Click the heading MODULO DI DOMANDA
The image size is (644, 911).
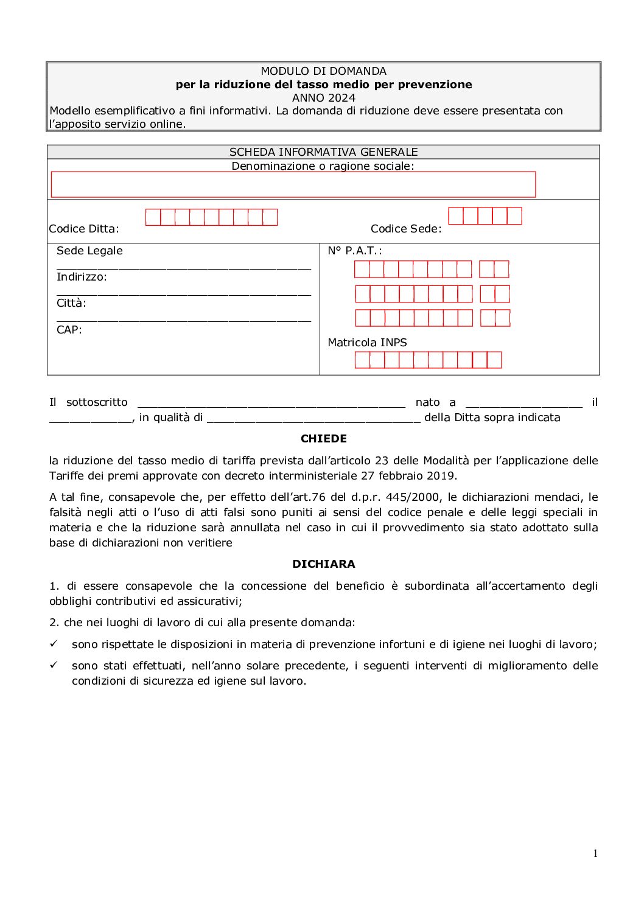coord(323,71)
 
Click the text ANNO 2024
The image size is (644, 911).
coord(323,98)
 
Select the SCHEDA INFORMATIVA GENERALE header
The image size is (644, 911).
coord(323,152)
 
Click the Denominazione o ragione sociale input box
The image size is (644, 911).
coord(293,184)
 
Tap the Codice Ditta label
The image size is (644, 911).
coord(84,229)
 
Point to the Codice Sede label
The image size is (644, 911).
coord(406,229)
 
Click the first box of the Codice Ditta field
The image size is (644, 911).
coord(153,217)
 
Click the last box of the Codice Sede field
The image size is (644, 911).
coord(514,216)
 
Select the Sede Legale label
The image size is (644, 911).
coord(89,251)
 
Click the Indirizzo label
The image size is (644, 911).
coord(82,277)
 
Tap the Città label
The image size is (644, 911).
coord(71,303)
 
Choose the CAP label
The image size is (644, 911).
coord(69,330)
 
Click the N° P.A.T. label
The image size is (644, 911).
coord(355,251)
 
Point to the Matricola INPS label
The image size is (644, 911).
coord(367,343)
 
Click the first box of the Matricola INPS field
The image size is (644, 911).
coord(362,360)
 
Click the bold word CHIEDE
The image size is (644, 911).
coord(323,439)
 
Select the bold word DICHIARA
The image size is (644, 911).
coord(323,564)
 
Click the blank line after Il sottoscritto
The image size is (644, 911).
coord(271,403)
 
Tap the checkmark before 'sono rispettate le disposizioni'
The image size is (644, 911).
coord(54,644)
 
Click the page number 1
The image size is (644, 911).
coord(595,853)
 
